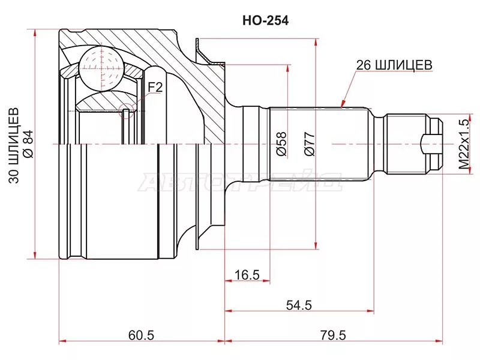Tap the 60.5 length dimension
[142, 335]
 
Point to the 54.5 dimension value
[299, 305]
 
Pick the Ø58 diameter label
[280, 144]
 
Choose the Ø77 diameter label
[309, 144]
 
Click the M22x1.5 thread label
[463, 145]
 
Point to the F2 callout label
[155, 88]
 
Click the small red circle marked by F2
[127, 110]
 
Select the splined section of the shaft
[318, 144]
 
